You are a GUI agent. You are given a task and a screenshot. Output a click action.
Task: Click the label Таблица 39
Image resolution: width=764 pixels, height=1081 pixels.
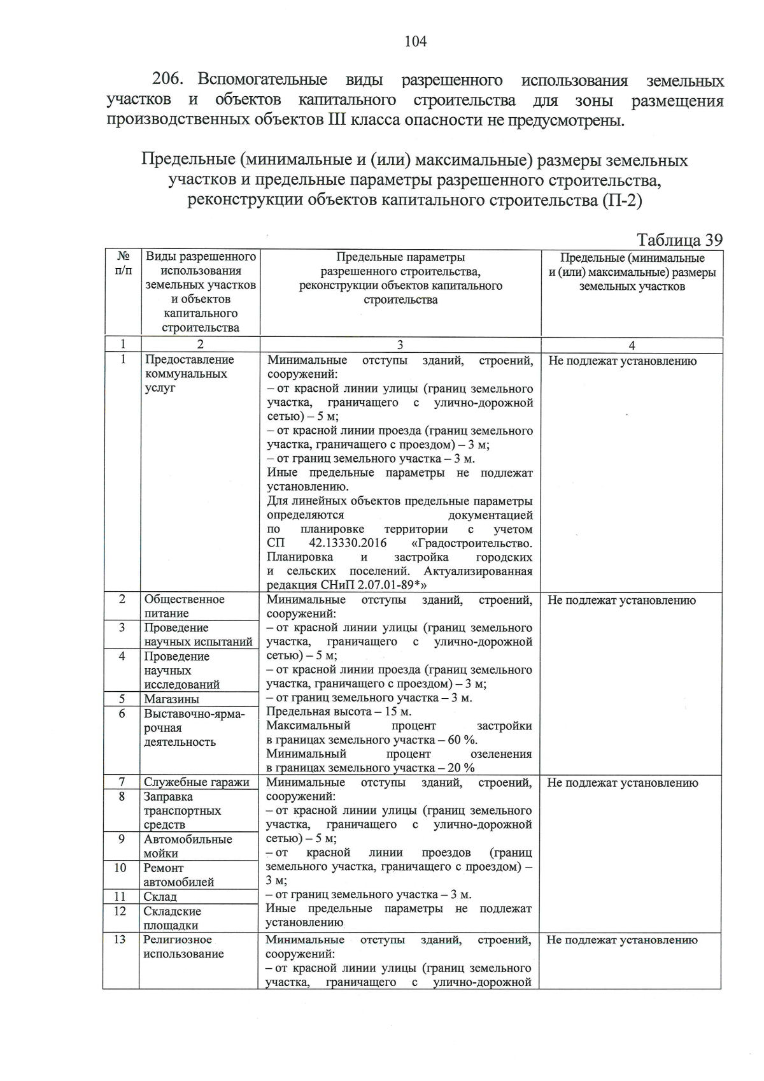tap(679, 240)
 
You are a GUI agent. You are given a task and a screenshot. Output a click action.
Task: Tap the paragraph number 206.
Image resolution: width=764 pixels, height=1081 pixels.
tap(168, 80)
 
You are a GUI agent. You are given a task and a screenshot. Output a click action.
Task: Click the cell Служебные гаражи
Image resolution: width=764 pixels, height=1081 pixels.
tap(196, 782)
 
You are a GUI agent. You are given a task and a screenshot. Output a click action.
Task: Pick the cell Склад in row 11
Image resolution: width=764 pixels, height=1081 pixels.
tap(160, 896)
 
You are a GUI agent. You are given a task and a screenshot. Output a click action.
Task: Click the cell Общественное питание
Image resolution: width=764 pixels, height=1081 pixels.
tap(184, 606)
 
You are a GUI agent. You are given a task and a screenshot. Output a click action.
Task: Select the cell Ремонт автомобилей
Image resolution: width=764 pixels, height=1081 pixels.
tap(178, 875)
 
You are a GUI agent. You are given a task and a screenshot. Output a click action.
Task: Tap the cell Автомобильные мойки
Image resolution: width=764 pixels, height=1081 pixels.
tap(187, 846)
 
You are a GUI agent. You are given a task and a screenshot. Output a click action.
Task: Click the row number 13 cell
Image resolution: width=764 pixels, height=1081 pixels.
tap(120, 940)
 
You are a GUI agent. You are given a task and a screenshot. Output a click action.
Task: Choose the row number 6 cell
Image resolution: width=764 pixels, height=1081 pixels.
tap(122, 713)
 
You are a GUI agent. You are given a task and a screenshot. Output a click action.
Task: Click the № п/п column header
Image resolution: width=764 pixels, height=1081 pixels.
tap(124, 264)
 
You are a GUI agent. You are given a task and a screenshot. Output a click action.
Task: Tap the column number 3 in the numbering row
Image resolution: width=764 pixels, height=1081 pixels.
tap(400, 345)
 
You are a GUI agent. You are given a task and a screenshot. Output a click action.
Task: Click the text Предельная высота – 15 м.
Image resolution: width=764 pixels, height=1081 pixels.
tap(339, 712)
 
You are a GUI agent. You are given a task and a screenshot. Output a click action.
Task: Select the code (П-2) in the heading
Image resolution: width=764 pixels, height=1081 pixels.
tap(620, 201)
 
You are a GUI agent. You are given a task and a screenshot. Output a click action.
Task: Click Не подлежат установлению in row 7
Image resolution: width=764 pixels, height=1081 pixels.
tap(622, 783)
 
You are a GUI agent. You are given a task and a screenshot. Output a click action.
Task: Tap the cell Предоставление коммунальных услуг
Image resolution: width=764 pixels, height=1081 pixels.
tap(189, 374)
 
